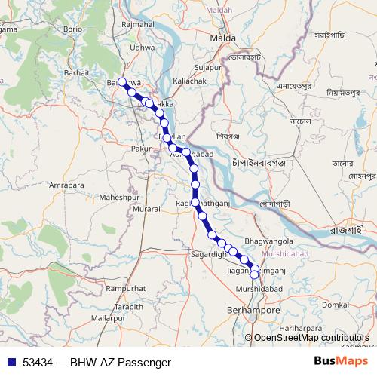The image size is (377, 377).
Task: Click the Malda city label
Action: tap(223, 37)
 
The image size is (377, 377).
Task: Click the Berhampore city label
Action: tap(253, 310)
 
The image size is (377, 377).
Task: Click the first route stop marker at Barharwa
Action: tap(121, 82)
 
